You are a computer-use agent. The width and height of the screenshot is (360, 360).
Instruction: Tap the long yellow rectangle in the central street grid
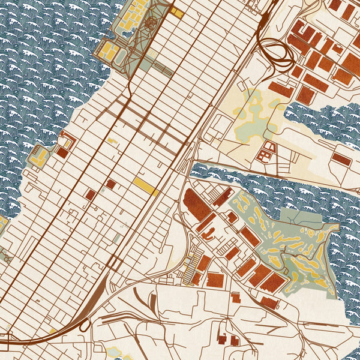(x=146, y=186)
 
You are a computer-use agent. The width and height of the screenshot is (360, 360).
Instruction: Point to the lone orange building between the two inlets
(x=341, y=159)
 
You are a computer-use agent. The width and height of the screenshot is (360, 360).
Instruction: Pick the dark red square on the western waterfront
(x=62, y=152)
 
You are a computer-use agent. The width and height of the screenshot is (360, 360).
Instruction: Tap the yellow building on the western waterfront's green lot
(x=40, y=157)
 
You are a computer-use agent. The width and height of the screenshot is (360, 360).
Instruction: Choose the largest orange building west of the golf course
(x=197, y=205)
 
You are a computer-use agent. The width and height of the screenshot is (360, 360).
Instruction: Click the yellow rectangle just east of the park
(x=176, y=11)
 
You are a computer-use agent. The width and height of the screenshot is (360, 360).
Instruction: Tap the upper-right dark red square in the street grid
(x=111, y=184)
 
